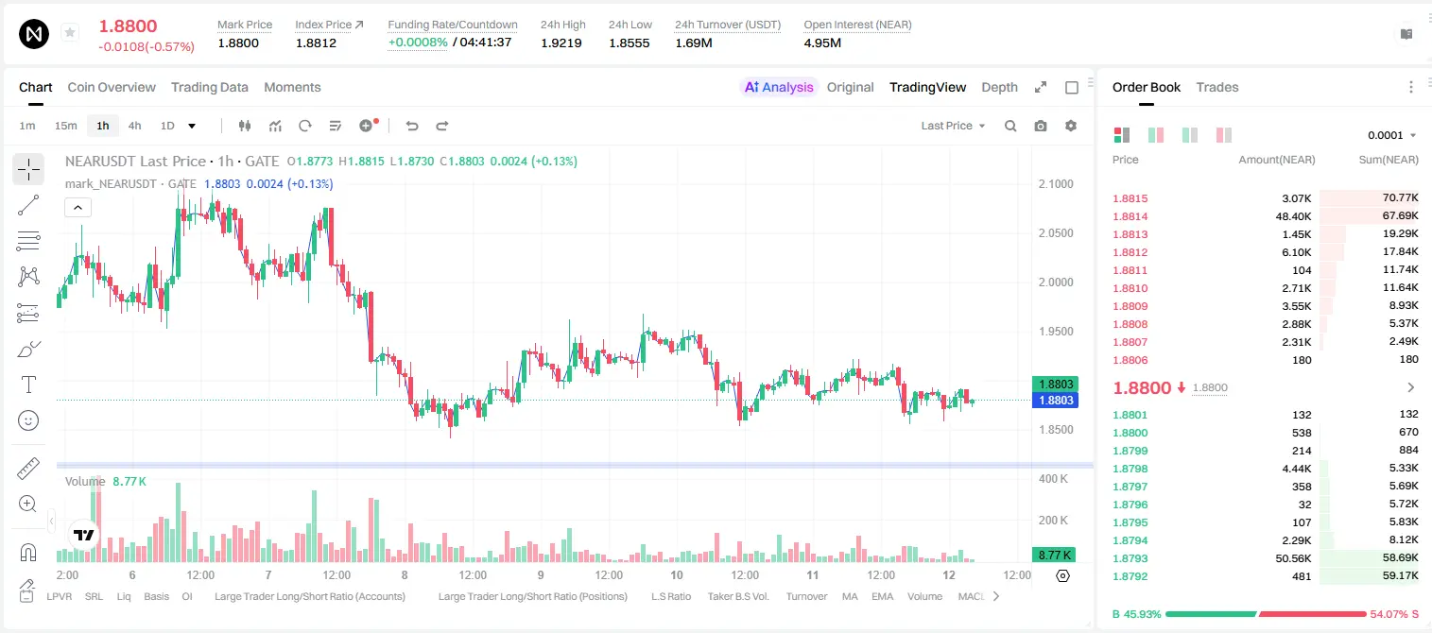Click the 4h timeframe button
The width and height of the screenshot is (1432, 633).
pos(134,126)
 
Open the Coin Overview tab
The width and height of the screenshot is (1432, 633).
pos(112,87)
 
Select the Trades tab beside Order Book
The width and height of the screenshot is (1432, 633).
pos(1217,87)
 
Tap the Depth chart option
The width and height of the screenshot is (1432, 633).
pos(999,87)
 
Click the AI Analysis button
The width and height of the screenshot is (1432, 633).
pos(779,87)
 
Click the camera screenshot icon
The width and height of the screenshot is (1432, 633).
pos(1041,126)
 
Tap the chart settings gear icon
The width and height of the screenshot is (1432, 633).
pos(1071,126)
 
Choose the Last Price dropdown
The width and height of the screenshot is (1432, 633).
pos(953,126)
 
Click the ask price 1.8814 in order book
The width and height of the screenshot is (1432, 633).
pos(1130,216)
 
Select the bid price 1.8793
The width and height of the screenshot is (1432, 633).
pos(1130,558)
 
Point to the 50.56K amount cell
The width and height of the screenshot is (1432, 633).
pos(1293,558)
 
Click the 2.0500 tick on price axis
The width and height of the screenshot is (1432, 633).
pos(1056,233)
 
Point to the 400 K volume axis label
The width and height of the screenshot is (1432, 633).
pos(1054,478)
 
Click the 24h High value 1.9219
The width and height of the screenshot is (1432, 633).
pos(561,43)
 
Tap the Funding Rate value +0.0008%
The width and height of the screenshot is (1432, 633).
pos(418,43)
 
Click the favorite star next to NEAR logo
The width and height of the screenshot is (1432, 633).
pos(70,32)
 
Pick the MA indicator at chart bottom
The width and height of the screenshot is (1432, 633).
pos(850,596)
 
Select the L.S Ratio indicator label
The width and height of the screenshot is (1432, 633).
pos(671,596)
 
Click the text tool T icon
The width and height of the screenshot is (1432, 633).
pos(28,385)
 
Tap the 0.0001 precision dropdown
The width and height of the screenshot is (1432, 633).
pos(1391,135)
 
